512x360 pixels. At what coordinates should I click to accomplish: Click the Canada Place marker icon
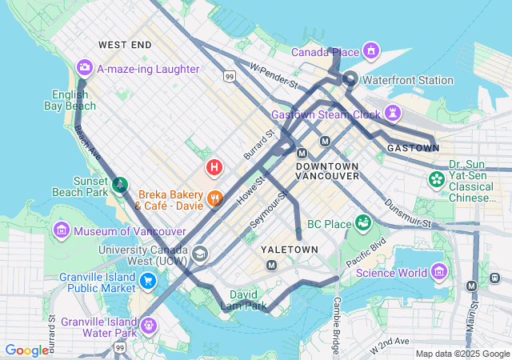tap(370, 52)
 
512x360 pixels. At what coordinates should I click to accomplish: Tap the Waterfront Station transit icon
tap(350, 79)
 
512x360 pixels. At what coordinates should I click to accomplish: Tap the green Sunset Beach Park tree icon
tap(119, 186)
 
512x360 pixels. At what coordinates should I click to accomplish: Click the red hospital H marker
tap(214, 167)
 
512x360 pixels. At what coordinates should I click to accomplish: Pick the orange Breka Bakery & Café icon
tap(214, 198)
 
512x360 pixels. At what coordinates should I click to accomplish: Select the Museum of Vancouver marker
tap(62, 232)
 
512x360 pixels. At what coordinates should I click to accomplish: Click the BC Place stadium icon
tap(364, 222)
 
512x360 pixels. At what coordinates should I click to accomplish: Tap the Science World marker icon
tap(438, 273)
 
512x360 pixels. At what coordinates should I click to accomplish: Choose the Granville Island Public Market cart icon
tap(148, 281)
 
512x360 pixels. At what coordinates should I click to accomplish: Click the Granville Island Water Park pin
tap(150, 325)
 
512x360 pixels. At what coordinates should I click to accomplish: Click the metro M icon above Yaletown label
tap(272, 265)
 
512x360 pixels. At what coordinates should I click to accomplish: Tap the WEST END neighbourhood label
tap(124, 46)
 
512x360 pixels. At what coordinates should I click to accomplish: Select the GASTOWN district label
tap(413, 148)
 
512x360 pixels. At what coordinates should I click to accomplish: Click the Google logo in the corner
tap(27, 350)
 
